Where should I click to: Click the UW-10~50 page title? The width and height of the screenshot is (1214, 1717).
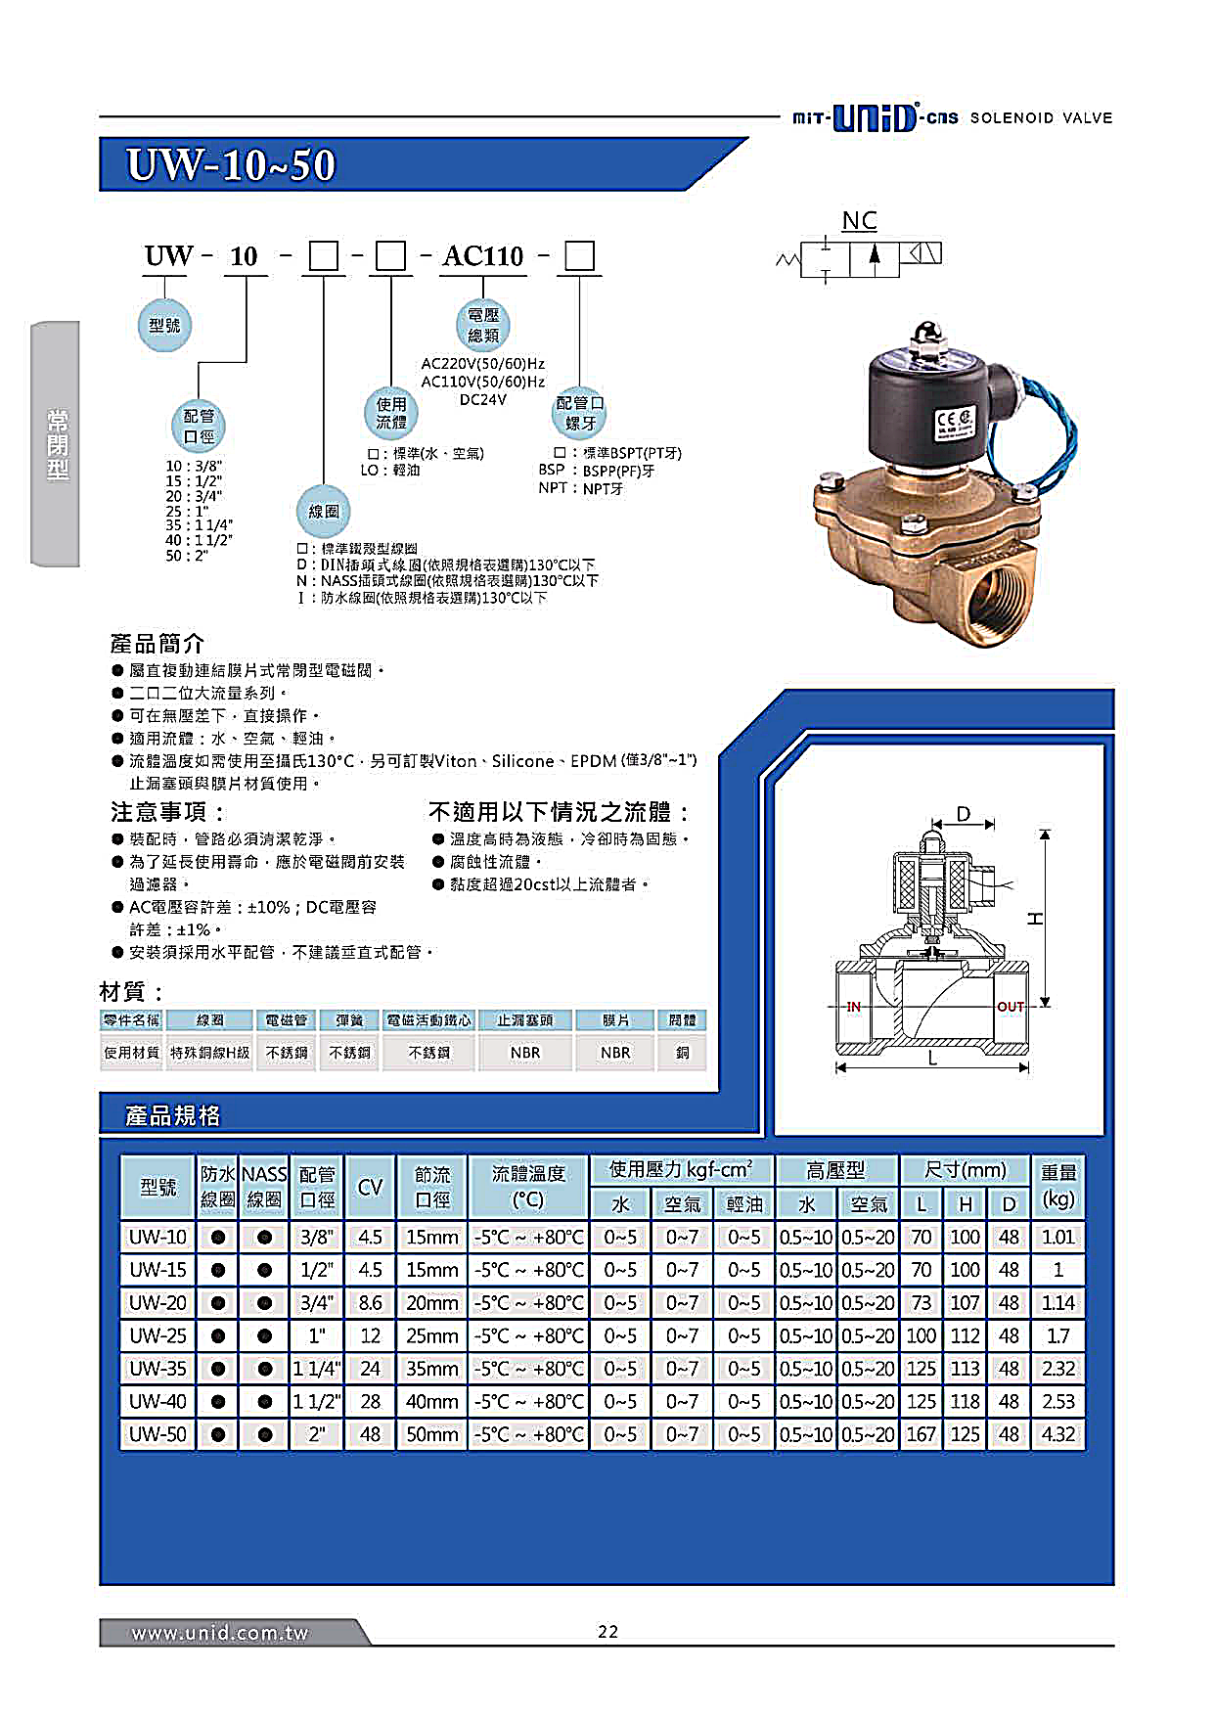tap(231, 164)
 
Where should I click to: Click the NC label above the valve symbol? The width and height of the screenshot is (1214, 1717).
tap(859, 220)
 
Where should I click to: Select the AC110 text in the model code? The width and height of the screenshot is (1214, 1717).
tap(483, 256)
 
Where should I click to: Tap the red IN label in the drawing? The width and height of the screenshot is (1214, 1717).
tap(853, 1006)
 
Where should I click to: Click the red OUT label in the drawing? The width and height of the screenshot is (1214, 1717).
tap(1011, 1006)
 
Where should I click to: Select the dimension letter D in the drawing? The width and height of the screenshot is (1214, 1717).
tap(963, 814)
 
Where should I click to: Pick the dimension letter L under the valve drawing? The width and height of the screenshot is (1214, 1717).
tap(932, 1060)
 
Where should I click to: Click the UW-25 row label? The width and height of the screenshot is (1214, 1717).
tap(157, 1335)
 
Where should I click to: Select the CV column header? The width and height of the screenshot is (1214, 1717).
tap(370, 1187)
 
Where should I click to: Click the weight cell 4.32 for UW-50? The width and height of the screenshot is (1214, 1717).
tap(1058, 1434)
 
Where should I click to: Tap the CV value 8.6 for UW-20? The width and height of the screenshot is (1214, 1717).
tap(370, 1303)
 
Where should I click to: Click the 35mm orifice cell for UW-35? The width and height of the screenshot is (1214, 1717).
tap(431, 1369)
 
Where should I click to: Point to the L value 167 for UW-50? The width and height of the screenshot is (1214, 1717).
tap(921, 1434)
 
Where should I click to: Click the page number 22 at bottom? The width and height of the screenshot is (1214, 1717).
tap(607, 1631)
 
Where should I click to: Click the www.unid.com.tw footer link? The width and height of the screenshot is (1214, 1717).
tap(220, 1633)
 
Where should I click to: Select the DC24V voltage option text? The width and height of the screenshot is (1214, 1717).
tap(482, 399)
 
